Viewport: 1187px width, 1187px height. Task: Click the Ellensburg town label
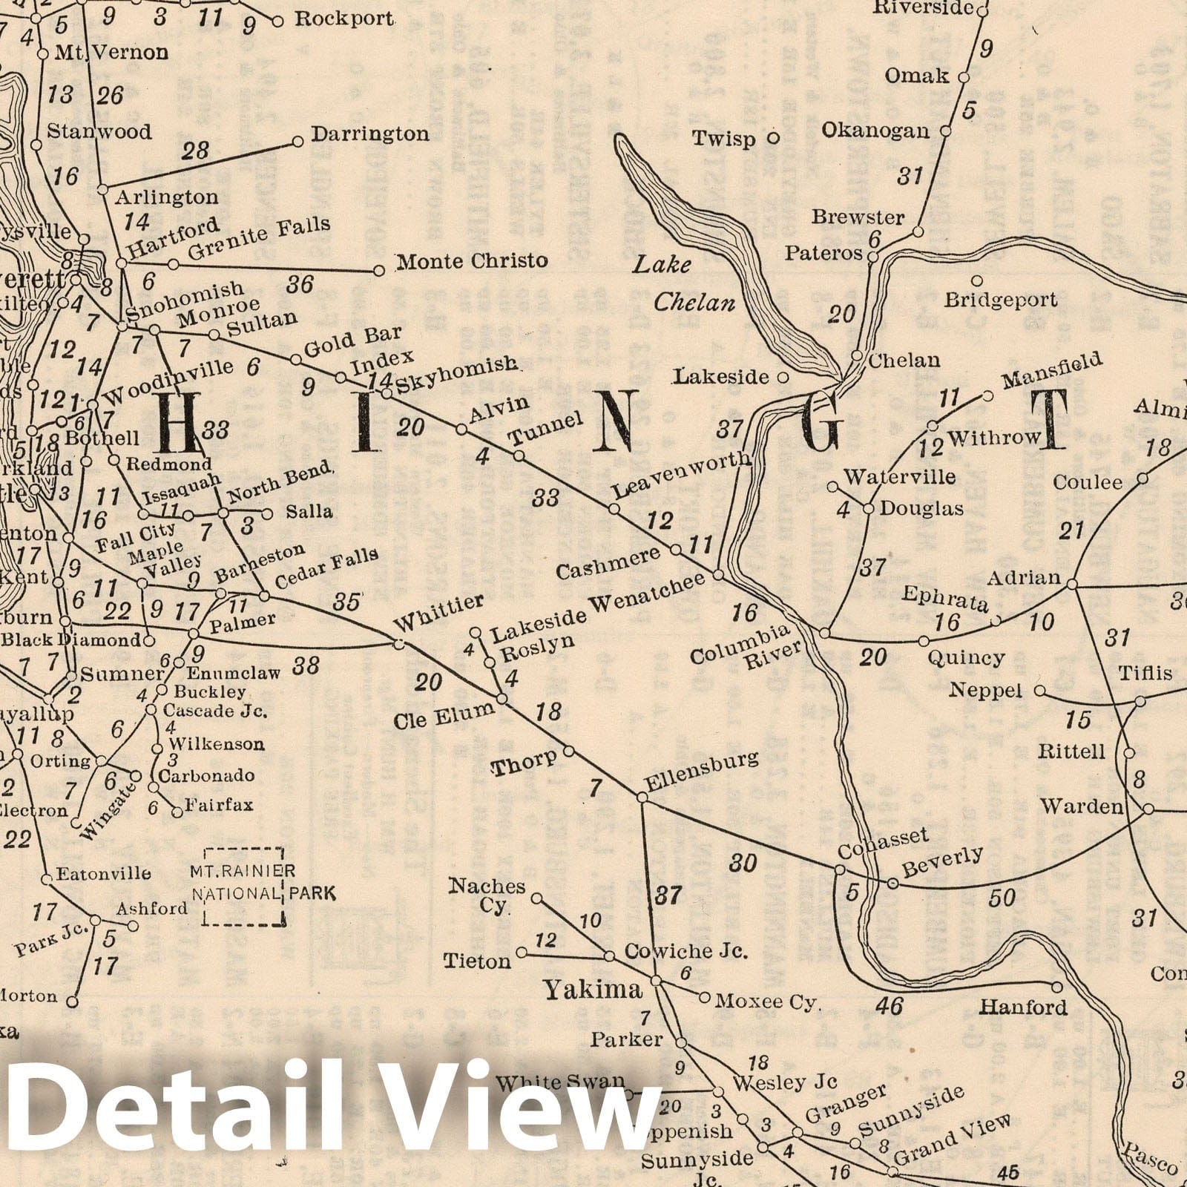(x=701, y=771)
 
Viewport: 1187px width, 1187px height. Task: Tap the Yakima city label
(x=593, y=989)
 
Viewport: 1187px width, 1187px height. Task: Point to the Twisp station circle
(x=773, y=137)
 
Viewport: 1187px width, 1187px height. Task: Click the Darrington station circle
(x=298, y=141)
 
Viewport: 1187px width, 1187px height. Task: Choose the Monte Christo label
(x=472, y=261)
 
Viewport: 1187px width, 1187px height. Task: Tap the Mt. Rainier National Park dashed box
(x=244, y=887)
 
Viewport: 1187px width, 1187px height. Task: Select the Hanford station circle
(x=1057, y=987)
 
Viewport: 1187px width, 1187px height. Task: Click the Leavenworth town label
(x=681, y=475)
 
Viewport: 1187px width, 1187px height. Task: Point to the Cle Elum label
(x=444, y=717)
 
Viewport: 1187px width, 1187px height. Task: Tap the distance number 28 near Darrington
(x=196, y=151)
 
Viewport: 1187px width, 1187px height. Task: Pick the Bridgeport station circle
(x=977, y=281)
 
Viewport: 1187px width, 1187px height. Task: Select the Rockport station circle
(x=277, y=22)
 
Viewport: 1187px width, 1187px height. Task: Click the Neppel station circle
(x=1040, y=691)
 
